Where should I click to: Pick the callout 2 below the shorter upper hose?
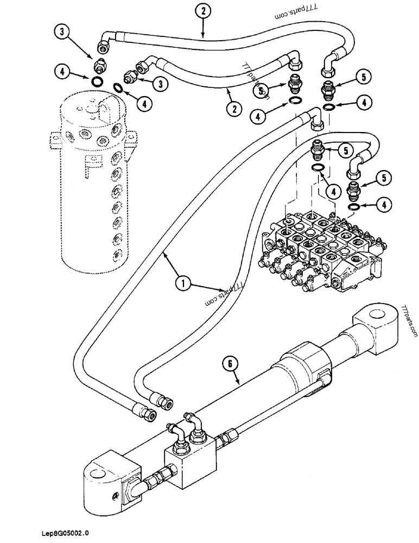click(x=234, y=109)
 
